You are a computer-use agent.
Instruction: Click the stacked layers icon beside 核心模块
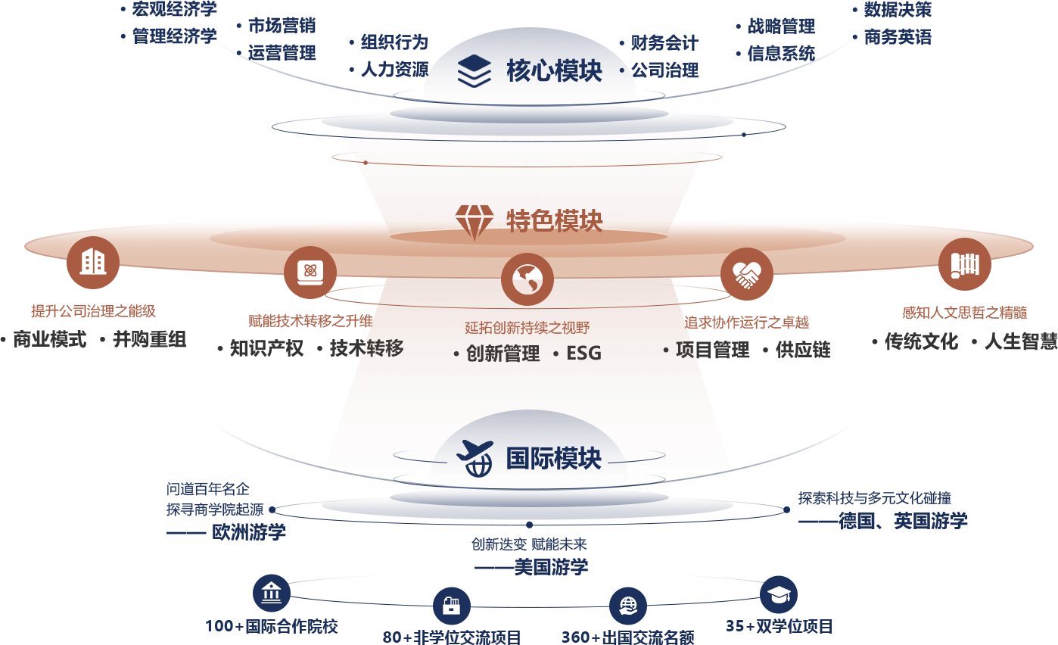point(475,71)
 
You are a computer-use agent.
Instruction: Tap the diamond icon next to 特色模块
point(475,222)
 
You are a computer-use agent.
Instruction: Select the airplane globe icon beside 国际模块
point(475,458)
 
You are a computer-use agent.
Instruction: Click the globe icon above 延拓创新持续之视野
point(527,279)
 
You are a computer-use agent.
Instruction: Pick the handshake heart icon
point(747,274)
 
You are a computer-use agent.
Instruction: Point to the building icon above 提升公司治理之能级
point(93,263)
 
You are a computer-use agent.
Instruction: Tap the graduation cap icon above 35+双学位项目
point(779,594)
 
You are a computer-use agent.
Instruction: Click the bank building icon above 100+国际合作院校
point(272,593)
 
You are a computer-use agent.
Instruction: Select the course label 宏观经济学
point(174,9)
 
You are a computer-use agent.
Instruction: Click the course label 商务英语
point(898,37)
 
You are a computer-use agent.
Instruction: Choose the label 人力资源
point(395,70)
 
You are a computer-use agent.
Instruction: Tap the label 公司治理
point(665,70)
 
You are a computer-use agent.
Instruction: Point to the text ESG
point(583,353)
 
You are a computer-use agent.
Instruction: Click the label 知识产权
point(266,348)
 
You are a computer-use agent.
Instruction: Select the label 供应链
point(803,350)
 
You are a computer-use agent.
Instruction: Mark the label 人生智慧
point(1021,341)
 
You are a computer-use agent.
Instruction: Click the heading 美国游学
point(551,567)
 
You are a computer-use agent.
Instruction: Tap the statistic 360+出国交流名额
point(627,637)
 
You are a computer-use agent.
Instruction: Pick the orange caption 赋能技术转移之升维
point(311,321)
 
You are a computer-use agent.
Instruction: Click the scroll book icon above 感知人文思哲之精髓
point(964,264)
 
